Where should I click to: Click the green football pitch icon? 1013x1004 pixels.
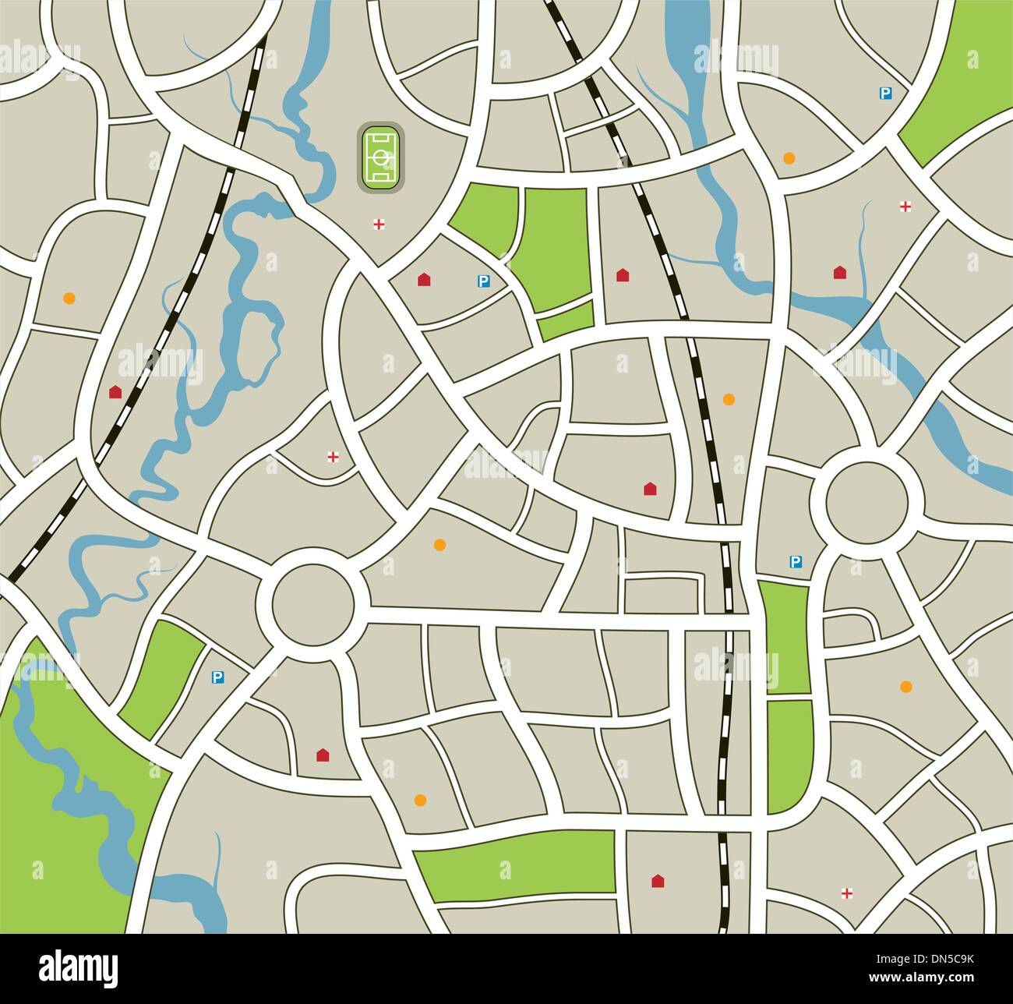pos(379,157)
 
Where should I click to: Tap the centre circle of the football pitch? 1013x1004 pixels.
pos(379,157)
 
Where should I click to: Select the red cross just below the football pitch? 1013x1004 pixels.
pos(379,225)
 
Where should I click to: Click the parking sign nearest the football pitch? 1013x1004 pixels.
pos(483,281)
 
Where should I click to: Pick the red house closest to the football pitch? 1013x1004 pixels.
pos(424,279)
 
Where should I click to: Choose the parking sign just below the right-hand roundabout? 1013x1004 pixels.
pos(796,561)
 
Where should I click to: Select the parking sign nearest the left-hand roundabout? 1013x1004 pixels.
pos(217,678)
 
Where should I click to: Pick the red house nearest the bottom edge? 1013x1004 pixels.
pos(657,881)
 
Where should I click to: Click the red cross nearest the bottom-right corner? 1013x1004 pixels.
pos(847,893)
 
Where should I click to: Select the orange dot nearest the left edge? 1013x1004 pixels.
pos(69,298)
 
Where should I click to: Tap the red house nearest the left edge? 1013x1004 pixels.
pos(115,391)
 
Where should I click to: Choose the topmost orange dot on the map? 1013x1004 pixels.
pos(789,158)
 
